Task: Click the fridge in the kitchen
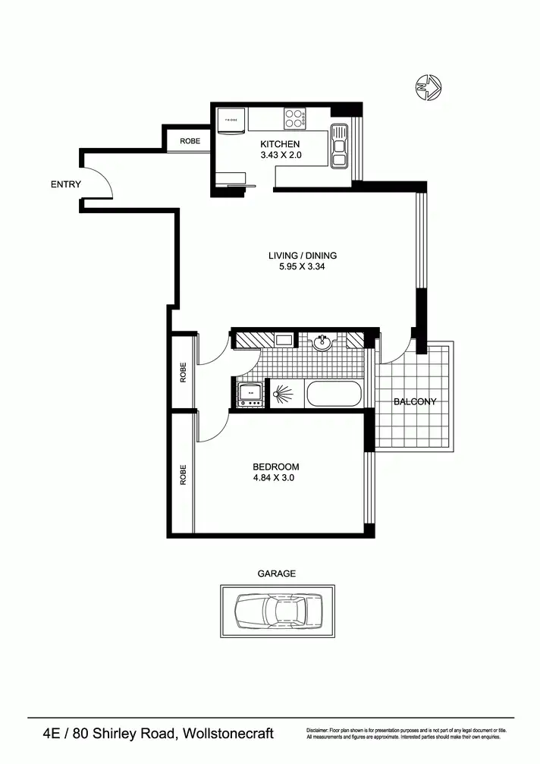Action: tap(231, 121)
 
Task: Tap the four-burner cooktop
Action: tap(295, 118)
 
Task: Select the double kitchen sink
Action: tap(338, 146)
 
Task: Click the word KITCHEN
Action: tap(281, 144)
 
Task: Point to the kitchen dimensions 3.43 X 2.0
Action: tap(281, 156)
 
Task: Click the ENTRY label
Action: tap(66, 184)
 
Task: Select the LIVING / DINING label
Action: tap(303, 256)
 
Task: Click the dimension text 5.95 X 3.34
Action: tap(303, 267)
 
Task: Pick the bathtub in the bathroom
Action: tap(334, 395)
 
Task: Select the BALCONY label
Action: tap(415, 402)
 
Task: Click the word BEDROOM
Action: tap(276, 467)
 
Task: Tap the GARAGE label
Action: tap(276, 574)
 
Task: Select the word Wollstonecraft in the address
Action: tap(227, 734)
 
